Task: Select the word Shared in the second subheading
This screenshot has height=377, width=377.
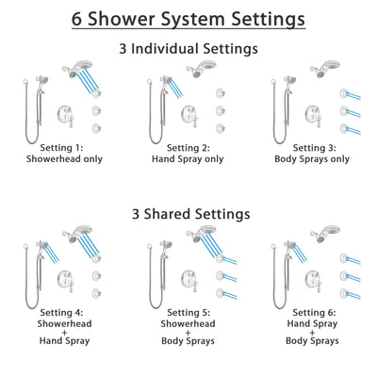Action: coord(175,214)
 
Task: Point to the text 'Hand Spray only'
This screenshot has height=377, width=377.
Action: coord(188,159)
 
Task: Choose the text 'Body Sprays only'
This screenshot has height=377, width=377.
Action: coord(313,159)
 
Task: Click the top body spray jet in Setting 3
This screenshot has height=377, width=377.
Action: coord(345,93)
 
